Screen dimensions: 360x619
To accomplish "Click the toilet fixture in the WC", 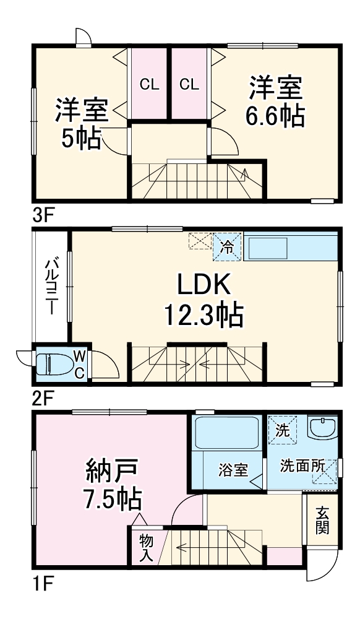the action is (55, 363).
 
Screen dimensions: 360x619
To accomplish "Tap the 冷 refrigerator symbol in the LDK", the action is (227, 247).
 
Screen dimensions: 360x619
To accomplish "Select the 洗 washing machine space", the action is (282, 430).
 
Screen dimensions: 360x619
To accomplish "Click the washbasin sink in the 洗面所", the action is (323, 428).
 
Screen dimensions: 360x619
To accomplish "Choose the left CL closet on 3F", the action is (150, 84).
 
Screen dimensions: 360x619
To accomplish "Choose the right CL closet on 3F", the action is (189, 84).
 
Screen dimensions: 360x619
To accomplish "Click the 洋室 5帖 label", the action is (82, 123).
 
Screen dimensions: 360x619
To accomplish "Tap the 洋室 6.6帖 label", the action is (275, 102).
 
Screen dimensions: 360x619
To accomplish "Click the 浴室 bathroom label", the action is (233, 470).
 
